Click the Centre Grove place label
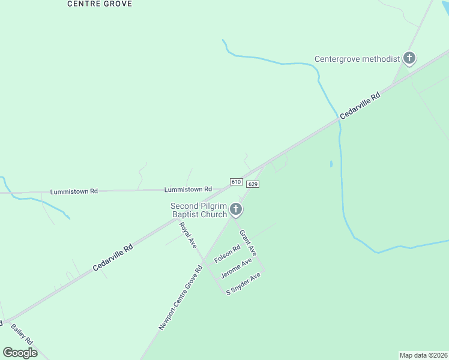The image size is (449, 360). (100, 4)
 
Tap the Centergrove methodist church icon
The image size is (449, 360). (409, 58)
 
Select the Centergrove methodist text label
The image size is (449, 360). (357, 59)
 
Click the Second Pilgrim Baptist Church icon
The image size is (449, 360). (236, 209)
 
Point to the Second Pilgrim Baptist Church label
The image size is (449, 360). (199, 210)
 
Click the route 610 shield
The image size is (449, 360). (236, 182)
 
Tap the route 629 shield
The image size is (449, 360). (252, 184)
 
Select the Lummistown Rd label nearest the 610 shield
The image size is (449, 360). (188, 189)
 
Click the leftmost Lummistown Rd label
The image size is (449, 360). (74, 191)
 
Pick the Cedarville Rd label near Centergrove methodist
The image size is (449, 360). (360, 106)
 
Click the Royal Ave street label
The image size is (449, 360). (188, 235)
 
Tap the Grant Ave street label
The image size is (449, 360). (248, 243)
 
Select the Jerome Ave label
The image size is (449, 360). (236, 269)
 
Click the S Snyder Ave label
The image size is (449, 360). (243, 283)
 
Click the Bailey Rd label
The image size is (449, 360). (22, 334)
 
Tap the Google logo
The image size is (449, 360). (20, 353)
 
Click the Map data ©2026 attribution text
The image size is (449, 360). (424, 355)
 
